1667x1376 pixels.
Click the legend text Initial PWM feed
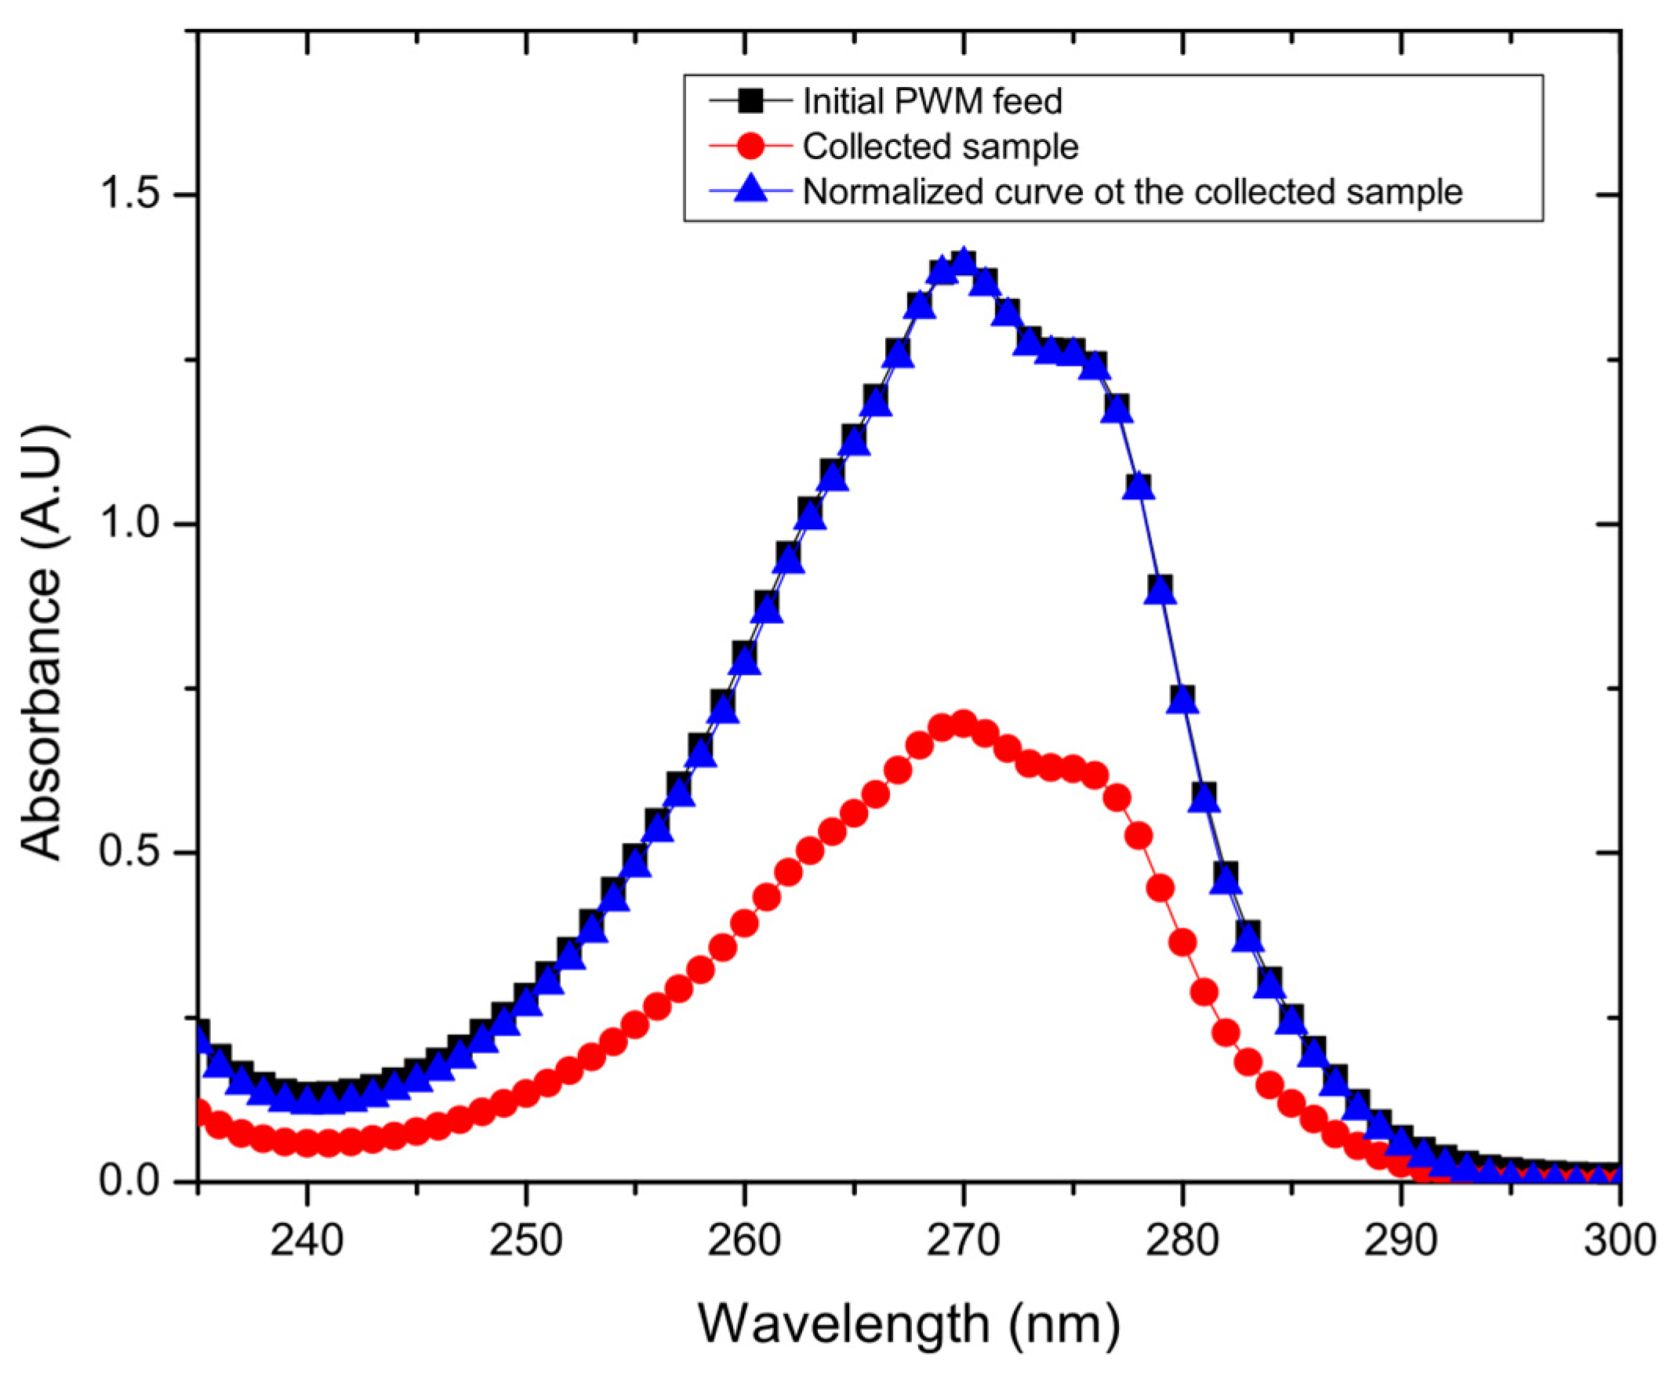point(932,101)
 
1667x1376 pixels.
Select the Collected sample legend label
point(940,147)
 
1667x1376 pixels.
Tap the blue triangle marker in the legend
point(750,191)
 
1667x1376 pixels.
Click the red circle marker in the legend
point(750,146)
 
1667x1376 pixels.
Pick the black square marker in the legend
point(750,100)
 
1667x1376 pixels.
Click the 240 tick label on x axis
point(307,1240)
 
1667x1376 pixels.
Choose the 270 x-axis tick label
point(963,1240)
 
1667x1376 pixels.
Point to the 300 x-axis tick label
point(1619,1240)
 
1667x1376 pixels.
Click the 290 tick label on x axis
point(1400,1240)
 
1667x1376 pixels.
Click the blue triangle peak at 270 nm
point(963,262)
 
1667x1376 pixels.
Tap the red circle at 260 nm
point(744,923)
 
